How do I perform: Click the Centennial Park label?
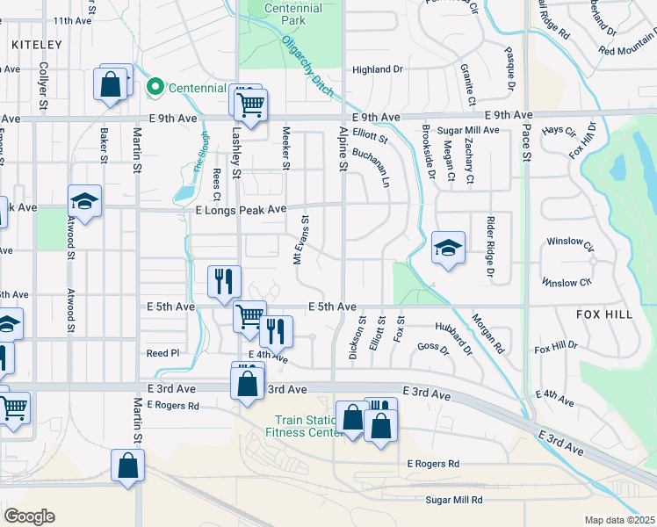click(x=292, y=14)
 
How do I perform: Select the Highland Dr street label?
click(x=377, y=69)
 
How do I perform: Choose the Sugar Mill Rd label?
click(x=454, y=500)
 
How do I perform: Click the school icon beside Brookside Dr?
click(x=448, y=249)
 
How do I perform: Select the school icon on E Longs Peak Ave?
click(x=84, y=202)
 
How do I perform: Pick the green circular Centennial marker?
click(x=155, y=87)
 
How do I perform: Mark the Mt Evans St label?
click(x=300, y=242)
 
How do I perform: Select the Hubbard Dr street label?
click(x=454, y=338)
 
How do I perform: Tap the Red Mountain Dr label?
click(x=627, y=51)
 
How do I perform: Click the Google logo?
click(x=29, y=516)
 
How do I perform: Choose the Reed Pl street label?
click(x=162, y=353)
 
